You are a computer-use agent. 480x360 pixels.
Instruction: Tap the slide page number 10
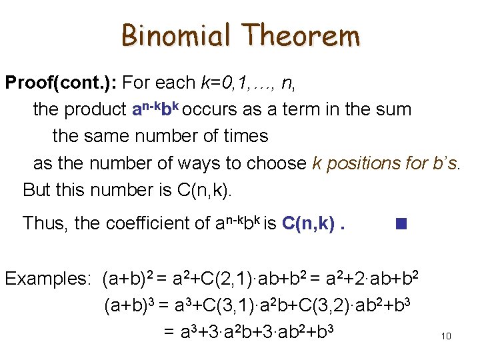[446, 336]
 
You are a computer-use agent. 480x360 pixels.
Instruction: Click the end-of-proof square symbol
[401, 223]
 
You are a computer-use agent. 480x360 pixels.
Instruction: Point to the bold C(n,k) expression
[309, 223]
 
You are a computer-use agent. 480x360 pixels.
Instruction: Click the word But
[37, 190]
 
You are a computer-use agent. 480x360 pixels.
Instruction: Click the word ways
[198, 163]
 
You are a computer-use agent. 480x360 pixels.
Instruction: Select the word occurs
[210, 109]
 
